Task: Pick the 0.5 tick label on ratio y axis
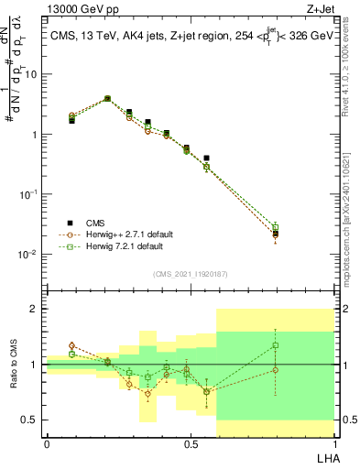coord(30,420)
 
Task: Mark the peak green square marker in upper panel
coord(107,98)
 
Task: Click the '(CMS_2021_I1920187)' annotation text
coord(190,274)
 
